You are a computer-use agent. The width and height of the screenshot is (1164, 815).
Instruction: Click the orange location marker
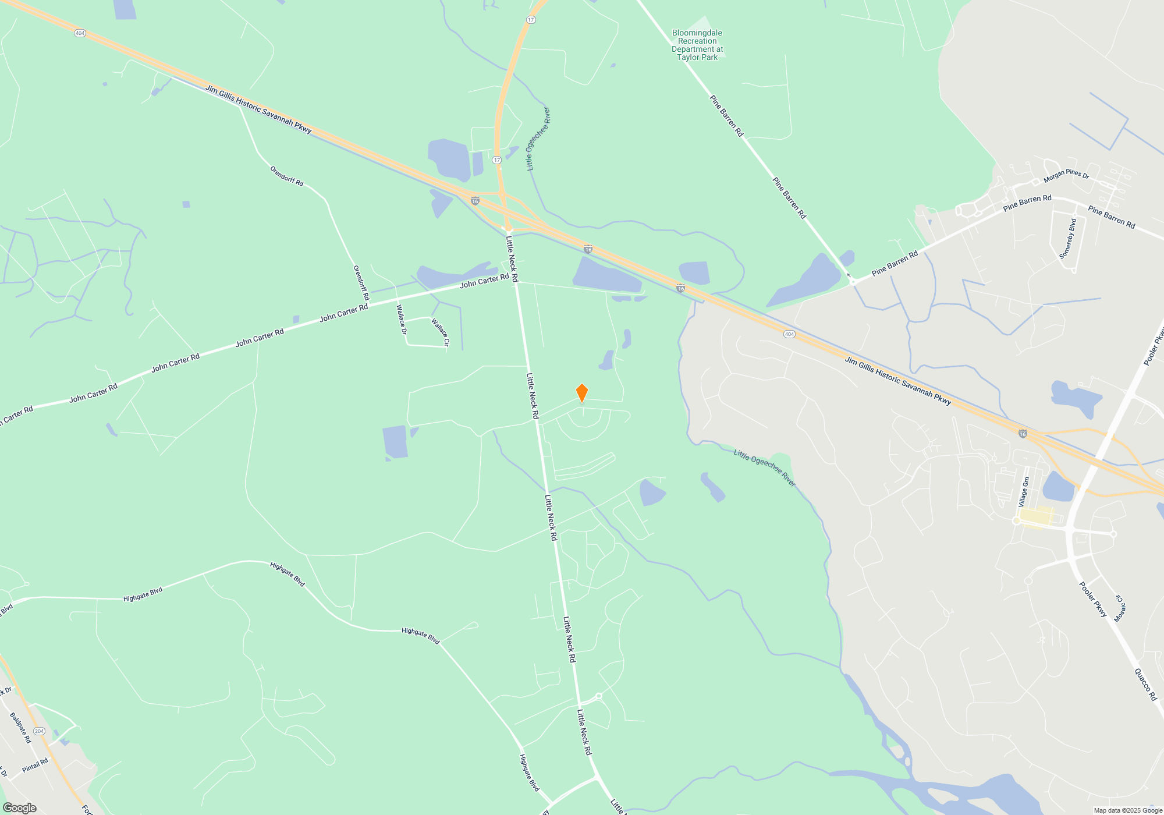(x=581, y=393)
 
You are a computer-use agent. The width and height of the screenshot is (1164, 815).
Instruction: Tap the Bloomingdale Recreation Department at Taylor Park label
(x=697, y=45)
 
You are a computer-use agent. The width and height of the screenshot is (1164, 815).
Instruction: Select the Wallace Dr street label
(x=402, y=320)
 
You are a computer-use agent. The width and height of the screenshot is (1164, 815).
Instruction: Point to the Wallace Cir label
(x=441, y=332)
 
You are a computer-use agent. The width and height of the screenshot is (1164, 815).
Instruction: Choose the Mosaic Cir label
(x=1120, y=608)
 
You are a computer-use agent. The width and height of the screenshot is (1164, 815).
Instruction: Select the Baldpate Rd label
(x=20, y=728)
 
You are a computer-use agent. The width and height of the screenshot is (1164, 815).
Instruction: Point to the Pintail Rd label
(x=35, y=766)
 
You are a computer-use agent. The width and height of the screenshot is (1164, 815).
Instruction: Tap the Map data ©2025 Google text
(x=1128, y=810)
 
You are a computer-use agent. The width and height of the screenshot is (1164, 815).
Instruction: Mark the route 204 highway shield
(x=39, y=731)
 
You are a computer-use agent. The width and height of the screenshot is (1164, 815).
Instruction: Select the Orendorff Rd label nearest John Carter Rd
(x=361, y=283)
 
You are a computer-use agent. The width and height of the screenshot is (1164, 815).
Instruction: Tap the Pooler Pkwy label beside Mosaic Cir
(x=1093, y=599)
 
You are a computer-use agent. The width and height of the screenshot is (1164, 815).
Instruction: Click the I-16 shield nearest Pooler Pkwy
(x=1023, y=434)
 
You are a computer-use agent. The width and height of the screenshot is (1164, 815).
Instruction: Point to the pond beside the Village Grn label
(x=1058, y=487)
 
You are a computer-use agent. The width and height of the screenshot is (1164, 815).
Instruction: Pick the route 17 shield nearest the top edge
(x=531, y=20)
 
